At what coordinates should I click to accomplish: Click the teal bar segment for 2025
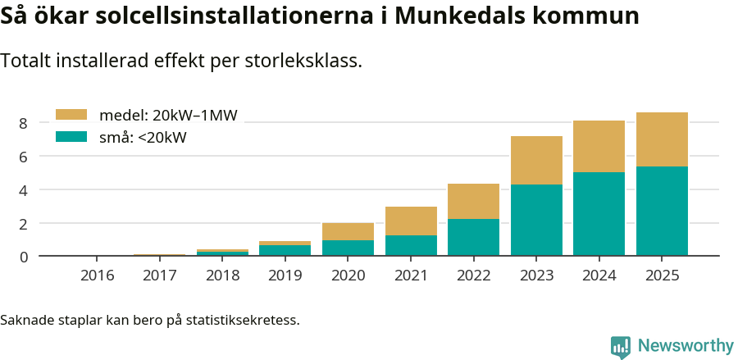[662, 211]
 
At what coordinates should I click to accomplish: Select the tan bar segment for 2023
[536, 160]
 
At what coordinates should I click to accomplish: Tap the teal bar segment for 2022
[473, 237]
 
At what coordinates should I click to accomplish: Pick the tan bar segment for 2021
[411, 221]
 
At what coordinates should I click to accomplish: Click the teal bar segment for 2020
[348, 248]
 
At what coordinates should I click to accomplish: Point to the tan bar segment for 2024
[599, 146]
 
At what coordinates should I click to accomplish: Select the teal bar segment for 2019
[285, 250]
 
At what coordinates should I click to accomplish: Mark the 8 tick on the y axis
[23, 123]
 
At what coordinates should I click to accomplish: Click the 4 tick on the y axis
[23, 190]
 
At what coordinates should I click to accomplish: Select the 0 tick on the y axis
[23, 257]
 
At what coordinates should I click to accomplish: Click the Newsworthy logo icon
[621, 346]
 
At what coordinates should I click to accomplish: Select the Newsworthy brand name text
[686, 346]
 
